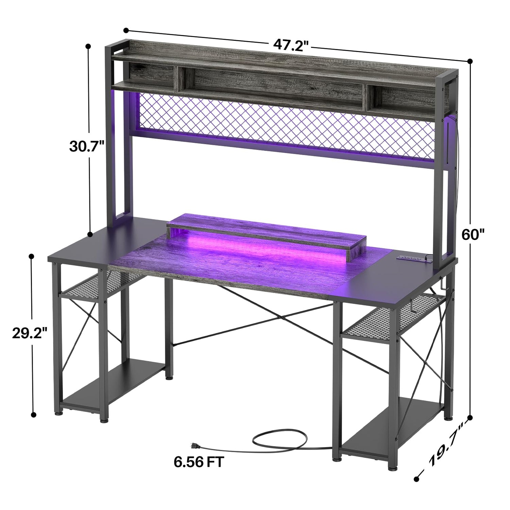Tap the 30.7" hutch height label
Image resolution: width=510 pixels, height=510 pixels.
click(86, 147)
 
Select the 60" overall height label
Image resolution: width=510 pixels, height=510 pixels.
click(473, 234)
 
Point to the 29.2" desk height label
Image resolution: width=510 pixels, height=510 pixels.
click(29, 333)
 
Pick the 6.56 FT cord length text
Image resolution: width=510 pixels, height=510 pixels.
click(199, 462)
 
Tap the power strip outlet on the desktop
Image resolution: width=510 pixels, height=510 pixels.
click(410, 258)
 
